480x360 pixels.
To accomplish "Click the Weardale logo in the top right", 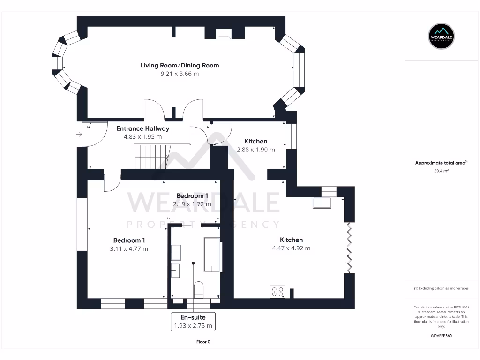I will tap(442, 36).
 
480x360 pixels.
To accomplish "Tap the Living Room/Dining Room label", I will tap(180, 65).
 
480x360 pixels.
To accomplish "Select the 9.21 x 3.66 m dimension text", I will tap(180, 74).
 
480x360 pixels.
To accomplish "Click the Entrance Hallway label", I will tap(142, 128).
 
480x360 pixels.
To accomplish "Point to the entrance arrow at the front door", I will tap(79, 135).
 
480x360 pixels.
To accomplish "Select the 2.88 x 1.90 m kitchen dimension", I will tap(255, 150).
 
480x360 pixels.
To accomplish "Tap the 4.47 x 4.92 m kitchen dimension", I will tap(291, 248).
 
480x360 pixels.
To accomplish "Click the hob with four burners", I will tap(277, 292).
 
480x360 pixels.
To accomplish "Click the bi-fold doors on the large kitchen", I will tap(349, 247).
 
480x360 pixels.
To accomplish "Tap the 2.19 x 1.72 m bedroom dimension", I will tap(192, 204).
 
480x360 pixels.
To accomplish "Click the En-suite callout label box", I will tap(193, 322).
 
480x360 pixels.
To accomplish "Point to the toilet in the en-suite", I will tap(198, 289).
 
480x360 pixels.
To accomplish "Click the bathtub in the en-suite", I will tap(212, 255).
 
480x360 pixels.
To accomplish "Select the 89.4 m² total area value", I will tap(441, 171).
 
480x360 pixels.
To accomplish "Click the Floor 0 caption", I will tap(203, 342).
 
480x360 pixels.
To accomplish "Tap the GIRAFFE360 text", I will tap(441, 336).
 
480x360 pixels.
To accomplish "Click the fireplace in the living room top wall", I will tap(223, 33).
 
